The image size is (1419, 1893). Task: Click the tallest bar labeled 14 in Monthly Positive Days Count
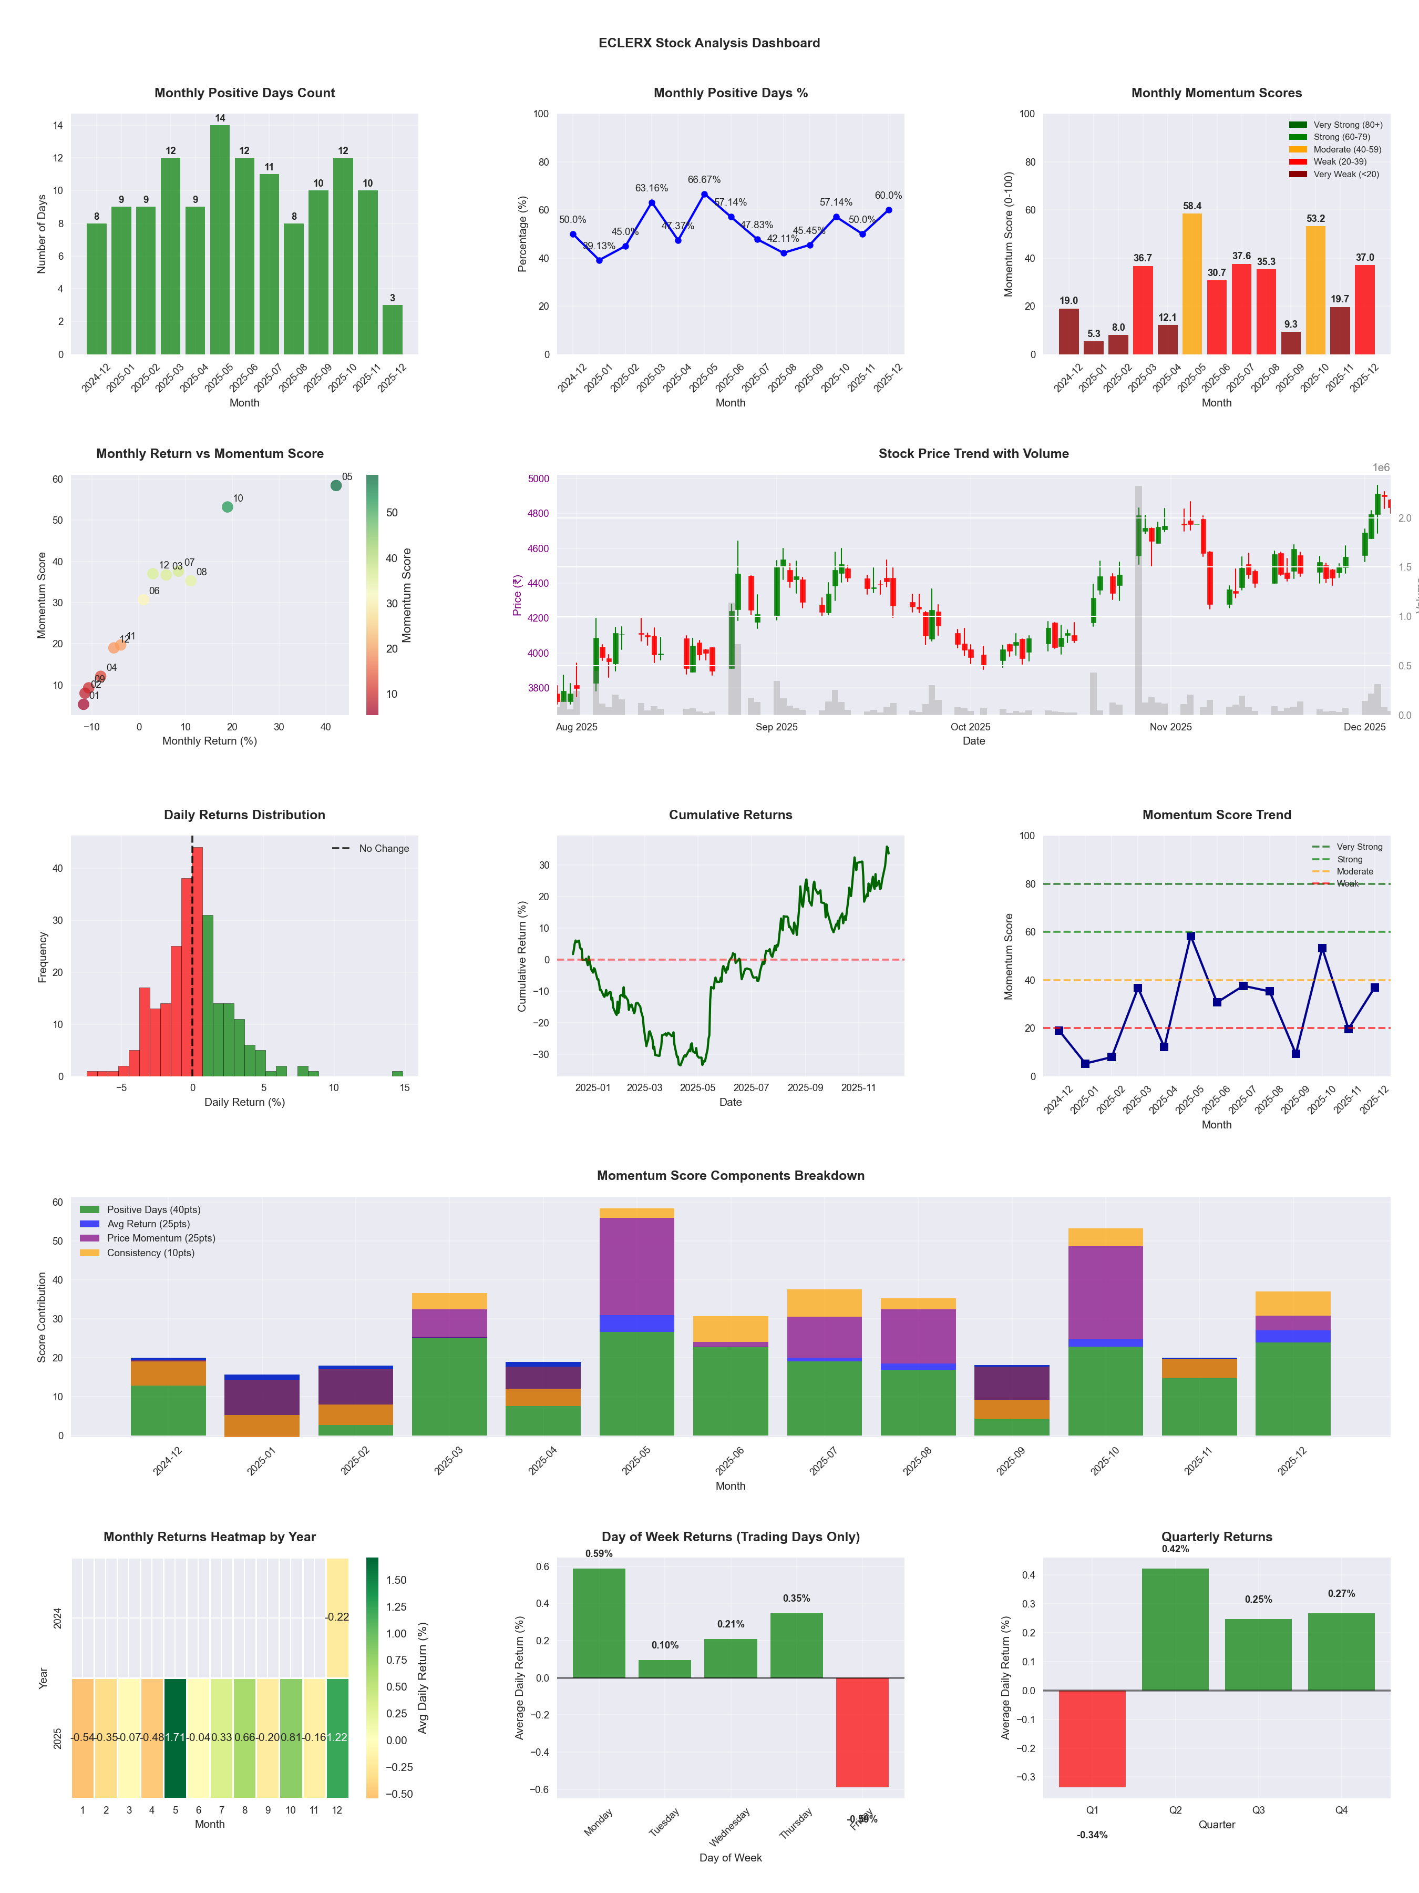pos(220,240)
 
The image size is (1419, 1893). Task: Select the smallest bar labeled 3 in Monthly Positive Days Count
pos(393,330)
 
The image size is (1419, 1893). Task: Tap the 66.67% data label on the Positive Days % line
pos(704,180)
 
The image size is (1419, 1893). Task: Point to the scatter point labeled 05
pos(336,485)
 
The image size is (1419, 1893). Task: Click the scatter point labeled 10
pos(228,506)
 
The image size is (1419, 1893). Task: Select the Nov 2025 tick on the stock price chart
pos(1170,727)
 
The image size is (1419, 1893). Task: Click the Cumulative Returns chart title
pos(731,815)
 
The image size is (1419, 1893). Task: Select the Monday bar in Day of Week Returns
pos(599,1623)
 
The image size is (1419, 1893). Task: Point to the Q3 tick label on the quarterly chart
pos(1258,1810)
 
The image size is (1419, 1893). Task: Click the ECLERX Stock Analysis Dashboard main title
pos(709,43)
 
